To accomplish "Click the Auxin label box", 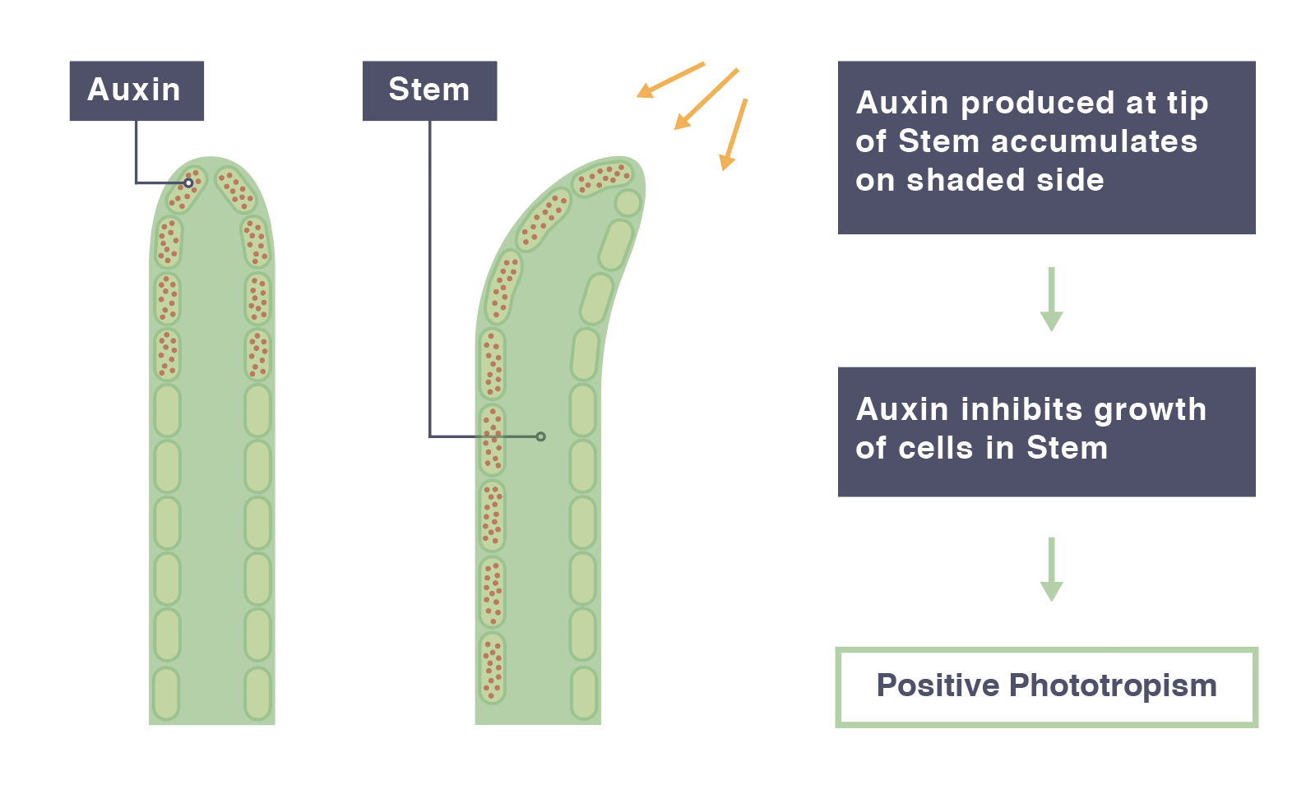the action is click(x=137, y=91).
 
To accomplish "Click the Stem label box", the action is click(x=429, y=91).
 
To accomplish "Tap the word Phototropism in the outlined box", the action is click(x=1113, y=686).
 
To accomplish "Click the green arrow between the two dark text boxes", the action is click(x=1051, y=299).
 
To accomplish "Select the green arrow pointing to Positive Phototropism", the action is click(x=1051, y=570).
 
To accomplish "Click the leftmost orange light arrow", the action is click(x=670, y=80).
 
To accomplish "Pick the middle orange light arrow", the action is click(x=706, y=99).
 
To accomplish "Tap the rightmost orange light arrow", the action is click(x=734, y=135).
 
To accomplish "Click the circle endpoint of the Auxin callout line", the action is click(x=188, y=183).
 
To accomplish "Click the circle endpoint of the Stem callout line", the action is click(x=541, y=436).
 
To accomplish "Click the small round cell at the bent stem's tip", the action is click(x=628, y=203).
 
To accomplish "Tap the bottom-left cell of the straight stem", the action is click(x=167, y=694).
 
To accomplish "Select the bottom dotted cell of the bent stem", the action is click(x=493, y=668).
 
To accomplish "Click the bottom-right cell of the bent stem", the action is click(x=584, y=694).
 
